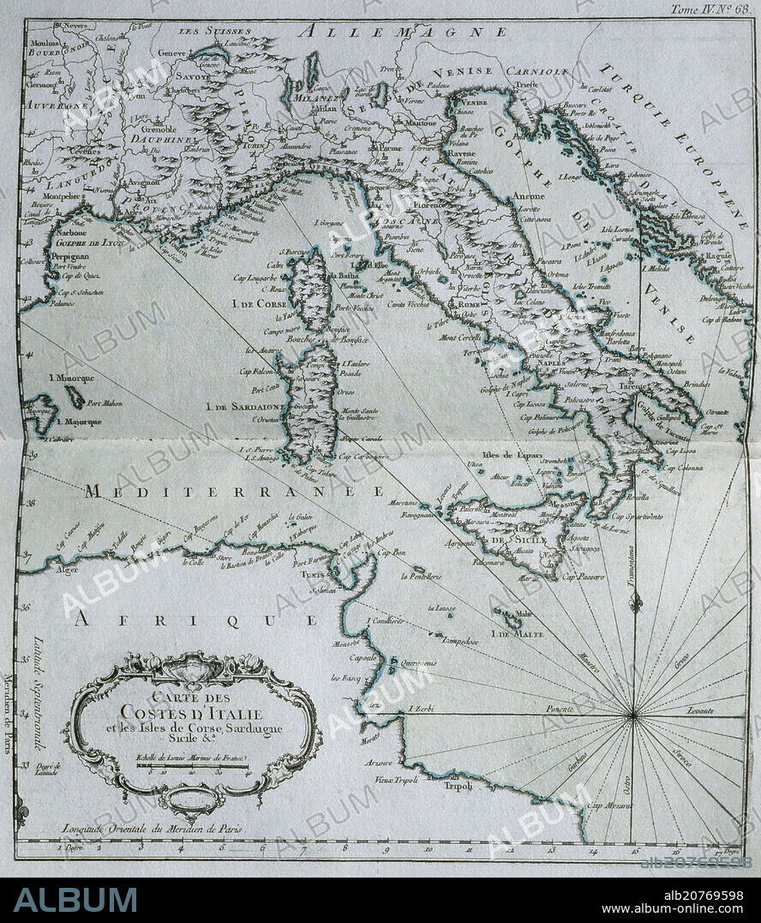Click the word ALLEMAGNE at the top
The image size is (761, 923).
coord(403,32)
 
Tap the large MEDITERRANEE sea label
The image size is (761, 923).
coord(234,492)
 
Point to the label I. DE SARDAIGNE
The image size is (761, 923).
coord(246,407)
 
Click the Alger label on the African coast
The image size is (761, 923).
coord(43,568)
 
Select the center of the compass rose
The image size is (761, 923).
coord(633,714)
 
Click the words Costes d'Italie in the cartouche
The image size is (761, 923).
coord(192,712)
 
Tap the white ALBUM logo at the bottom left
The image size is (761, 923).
coord(75,899)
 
